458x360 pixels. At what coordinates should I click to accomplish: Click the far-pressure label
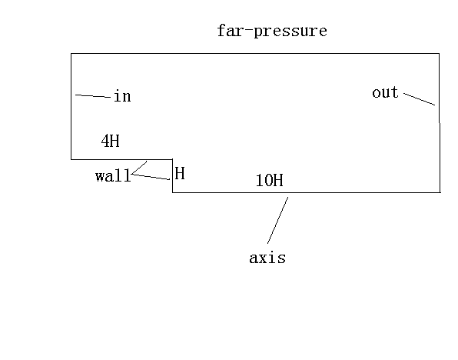click(272, 32)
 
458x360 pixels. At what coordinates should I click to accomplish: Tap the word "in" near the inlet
click(122, 96)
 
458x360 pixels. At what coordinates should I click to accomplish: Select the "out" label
click(385, 92)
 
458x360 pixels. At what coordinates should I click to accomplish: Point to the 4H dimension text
click(111, 141)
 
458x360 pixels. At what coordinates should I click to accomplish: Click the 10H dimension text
click(269, 180)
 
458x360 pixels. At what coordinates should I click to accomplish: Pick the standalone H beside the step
click(180, 173)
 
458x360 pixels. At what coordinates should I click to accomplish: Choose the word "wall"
click(113, 176)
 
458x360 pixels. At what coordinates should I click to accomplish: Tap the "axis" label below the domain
click(267, 258)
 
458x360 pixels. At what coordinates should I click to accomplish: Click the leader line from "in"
click(93, 95)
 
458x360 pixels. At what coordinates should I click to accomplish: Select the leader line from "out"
click(419, 99)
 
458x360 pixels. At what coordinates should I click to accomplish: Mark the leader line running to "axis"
click(277, 220)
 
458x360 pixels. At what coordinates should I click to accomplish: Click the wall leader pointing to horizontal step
click(139, 168)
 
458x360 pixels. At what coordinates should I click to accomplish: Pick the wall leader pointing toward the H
click(151, 177)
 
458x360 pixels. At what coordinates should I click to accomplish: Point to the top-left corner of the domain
click(71, 54)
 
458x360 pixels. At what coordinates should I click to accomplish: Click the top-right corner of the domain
click(439, 54)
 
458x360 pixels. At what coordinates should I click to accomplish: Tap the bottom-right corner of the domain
click(440, 192)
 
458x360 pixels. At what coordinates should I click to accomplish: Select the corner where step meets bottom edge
click(173, 192)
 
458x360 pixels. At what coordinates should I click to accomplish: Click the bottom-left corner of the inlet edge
click(71, 159)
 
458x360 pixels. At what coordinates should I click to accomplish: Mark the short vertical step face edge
click(173, 175)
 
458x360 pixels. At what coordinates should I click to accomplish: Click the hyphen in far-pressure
click(249, 28)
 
